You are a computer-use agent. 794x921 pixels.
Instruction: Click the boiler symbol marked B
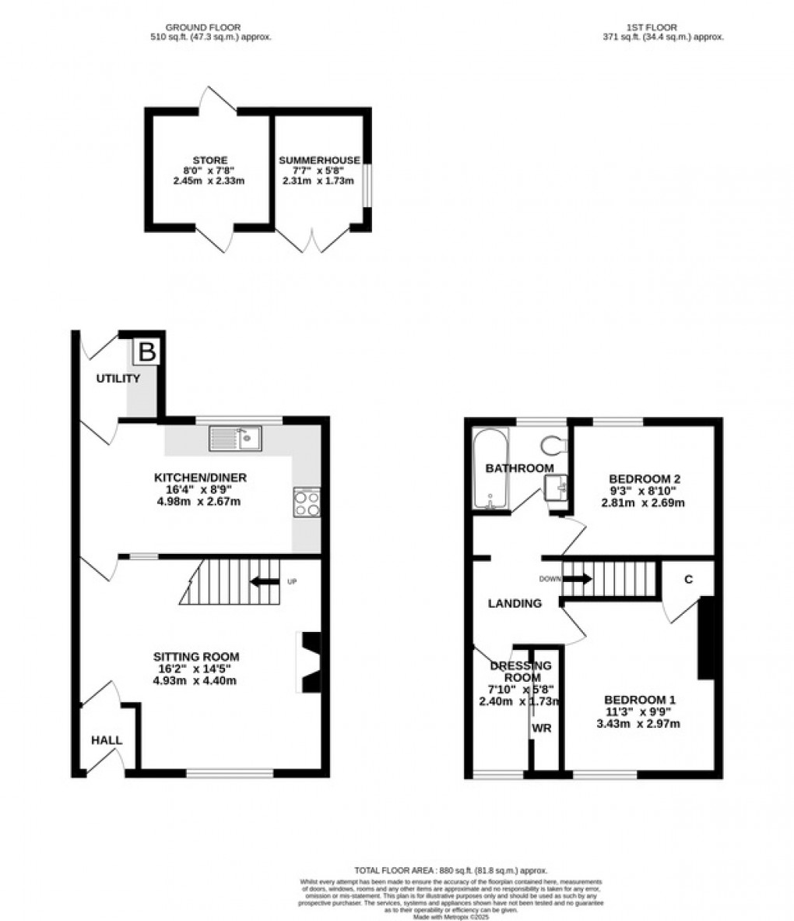point(146,352)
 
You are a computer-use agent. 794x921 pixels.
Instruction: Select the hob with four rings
point(307,501)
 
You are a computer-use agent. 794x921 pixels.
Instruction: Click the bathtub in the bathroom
point(490,468)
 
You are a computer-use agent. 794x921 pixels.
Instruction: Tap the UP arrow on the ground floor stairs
point(265,581)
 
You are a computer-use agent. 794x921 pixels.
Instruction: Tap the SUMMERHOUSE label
point(319,161)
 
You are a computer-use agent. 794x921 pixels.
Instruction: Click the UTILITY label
point(118,379)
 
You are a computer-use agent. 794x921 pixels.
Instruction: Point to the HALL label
point(107,740)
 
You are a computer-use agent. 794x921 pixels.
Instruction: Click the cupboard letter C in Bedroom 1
point(689,580)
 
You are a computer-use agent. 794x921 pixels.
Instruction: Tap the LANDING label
point(515,603)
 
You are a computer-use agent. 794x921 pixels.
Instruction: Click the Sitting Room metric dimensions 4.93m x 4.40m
point(195,680)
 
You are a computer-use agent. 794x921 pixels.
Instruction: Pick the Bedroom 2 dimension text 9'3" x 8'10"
point(645,491)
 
